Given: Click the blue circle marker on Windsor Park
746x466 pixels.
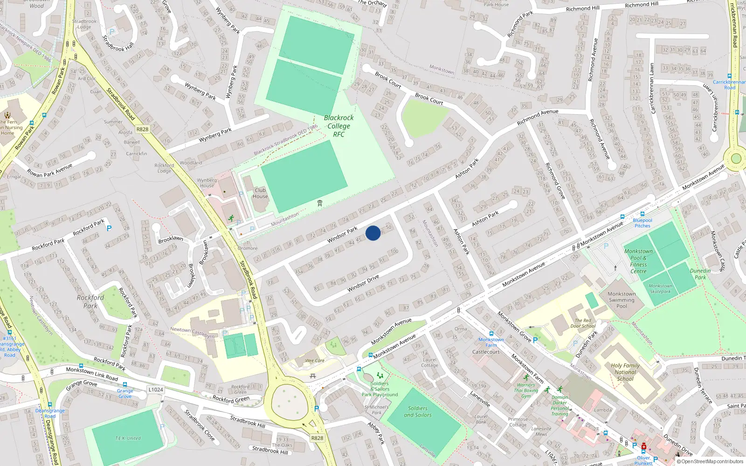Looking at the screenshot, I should [373, 233].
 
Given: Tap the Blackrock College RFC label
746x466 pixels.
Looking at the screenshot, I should [338, 126].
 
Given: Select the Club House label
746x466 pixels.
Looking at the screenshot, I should [260, 193].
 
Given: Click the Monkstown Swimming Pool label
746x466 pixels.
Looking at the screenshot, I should [622, 300].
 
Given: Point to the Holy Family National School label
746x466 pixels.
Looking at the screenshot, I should [625, 372].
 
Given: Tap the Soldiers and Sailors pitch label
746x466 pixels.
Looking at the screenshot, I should [418, 411].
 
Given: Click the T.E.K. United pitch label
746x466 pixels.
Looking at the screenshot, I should [128, 438].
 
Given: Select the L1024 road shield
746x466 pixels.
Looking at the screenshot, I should [156, 390].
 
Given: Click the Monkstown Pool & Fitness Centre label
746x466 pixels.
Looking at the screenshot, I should [638, 261].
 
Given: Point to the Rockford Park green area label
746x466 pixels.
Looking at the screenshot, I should [90, 302].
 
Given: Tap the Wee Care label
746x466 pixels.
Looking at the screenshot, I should [315, 360].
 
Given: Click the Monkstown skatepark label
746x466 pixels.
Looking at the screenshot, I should [660, 288].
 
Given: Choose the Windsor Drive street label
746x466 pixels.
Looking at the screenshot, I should [363, 283].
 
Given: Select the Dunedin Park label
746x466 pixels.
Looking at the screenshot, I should [700, 274].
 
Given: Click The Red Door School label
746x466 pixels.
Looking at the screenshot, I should [583, 323].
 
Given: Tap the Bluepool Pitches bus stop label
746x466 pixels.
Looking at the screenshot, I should [642, 223].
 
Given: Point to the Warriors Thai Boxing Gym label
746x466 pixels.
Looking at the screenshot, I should [526, 391].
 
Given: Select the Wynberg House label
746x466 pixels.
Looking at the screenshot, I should [207, 183].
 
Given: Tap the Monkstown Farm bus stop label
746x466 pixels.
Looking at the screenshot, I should [491, 342].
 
